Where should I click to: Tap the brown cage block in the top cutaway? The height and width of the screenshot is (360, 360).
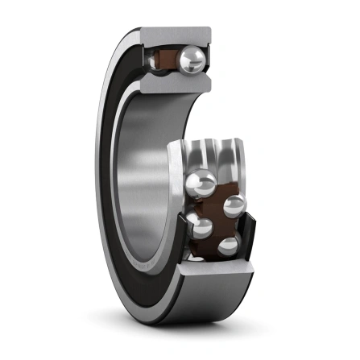tap(167, 59)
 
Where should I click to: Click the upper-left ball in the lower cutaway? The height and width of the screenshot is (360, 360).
tap(201, 184)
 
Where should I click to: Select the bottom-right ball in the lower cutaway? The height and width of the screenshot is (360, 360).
tap(229, 246)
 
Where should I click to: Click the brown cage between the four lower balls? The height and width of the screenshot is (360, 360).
tap(216, 216)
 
